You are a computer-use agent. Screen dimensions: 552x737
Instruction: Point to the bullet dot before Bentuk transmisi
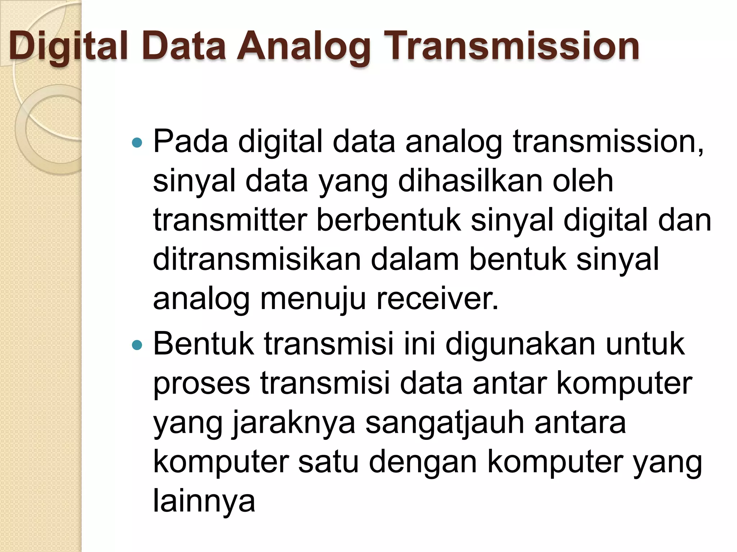point(137,346)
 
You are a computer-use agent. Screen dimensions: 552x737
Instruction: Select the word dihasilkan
point(470,181)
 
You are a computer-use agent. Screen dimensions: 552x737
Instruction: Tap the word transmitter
point(230,220)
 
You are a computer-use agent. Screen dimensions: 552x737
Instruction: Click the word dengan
point(423,463)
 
